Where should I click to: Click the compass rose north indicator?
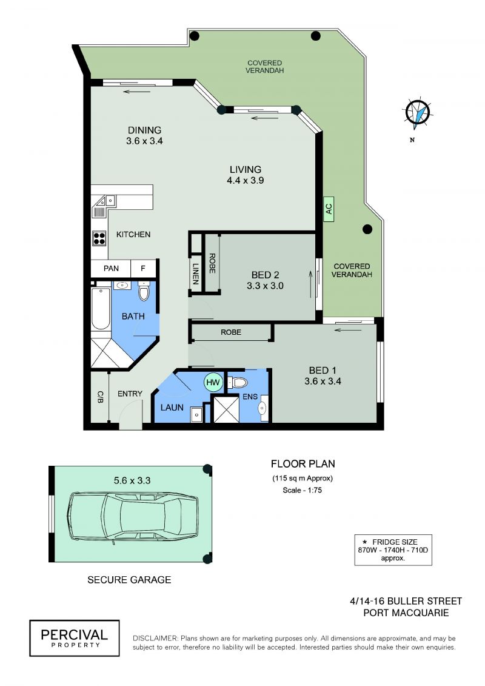click(x=418, y=114)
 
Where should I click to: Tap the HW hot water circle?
click(x=213, y=382)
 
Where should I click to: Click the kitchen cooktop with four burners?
click(x=99, y=238)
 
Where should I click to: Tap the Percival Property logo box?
click(x=75, y=638)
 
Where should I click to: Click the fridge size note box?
click(x=393, y=550)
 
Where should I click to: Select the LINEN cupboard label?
click(x=195, y=274)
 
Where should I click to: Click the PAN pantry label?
click(x=111, y=268)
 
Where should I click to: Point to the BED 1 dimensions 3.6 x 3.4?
click(x=323, y=381)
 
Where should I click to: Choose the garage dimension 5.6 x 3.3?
click(x=132, y=480)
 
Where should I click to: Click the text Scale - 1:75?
click(x=302, y=490)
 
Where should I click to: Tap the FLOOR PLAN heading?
click(x=303, y=464)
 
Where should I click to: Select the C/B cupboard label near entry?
click(x=100, y=397)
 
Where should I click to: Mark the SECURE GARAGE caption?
click(x=129, y=580)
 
